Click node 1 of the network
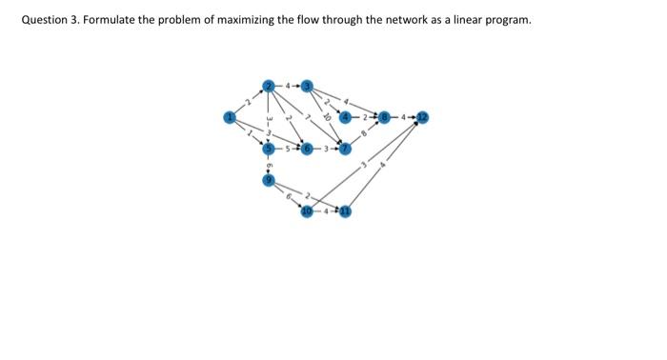229,117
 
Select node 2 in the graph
270,87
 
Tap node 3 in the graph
307,87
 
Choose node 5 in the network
270,149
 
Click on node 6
307,149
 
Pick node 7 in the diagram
346,149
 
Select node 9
270,180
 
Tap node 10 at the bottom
307,210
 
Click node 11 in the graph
346,210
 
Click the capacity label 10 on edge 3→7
327,118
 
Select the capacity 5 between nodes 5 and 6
289,149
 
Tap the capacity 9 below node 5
270,165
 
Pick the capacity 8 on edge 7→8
364,133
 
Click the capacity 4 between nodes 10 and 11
327,210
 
